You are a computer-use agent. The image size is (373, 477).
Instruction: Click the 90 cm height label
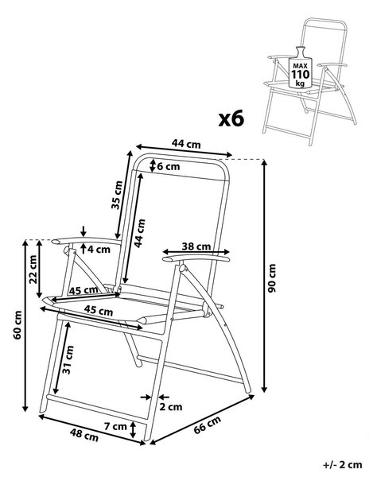tap(272, 278)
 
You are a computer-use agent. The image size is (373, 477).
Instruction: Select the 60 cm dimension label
tap(18, 324)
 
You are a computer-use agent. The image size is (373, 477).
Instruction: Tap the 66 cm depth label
tap(208, 425)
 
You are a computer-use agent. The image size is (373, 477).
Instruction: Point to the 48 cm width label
tap(84, 435)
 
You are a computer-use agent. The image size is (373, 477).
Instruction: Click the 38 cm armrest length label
tap(196, 246)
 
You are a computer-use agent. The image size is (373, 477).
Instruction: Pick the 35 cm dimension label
tap(117, 195)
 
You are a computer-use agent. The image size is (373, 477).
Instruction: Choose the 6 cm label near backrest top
tap(169, 166)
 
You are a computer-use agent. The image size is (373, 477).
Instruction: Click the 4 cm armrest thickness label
tap(99, 250)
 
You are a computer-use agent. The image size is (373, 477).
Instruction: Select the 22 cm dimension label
tap(33, 270)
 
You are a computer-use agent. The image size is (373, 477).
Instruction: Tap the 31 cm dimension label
tap(68, 360)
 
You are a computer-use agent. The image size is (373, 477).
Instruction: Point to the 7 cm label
tap(115, 426)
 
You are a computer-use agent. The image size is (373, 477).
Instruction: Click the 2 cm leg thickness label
tap(171, 407)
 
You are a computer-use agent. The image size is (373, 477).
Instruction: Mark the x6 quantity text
tap(231, 118)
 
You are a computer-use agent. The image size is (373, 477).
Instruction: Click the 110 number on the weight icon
tap(301, 74)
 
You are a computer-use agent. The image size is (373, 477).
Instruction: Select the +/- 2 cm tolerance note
tap(343, 465)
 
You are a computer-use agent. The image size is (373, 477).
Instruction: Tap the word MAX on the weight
tap(301, 66)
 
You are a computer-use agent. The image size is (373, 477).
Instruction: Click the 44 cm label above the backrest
tap(186, 143)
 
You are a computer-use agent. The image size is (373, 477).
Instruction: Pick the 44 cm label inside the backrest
tap(140, 233)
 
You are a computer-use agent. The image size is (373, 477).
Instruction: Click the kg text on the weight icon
tap(300, 83)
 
